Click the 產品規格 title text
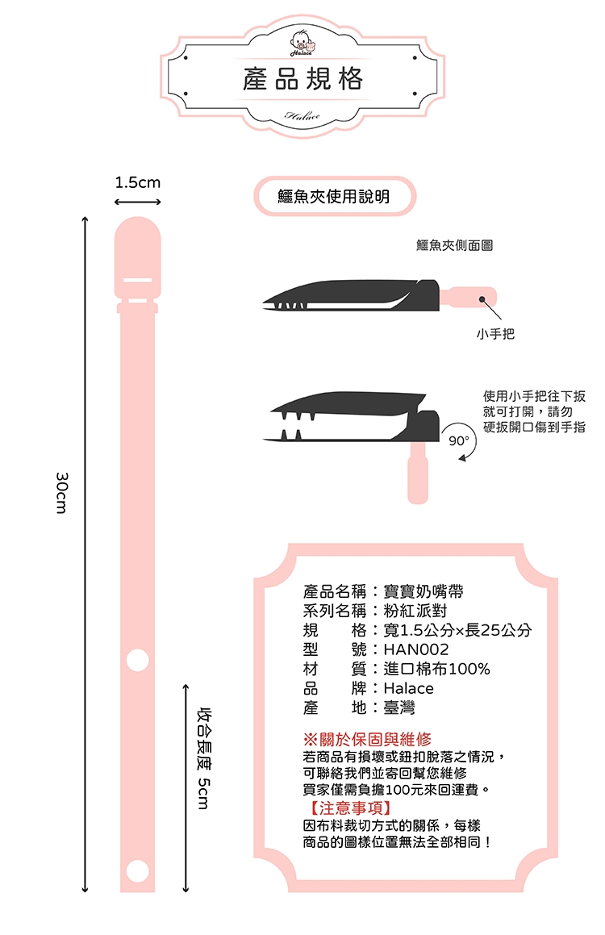(302, 79)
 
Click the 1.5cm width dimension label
(138, 182)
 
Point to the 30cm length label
(62, 493)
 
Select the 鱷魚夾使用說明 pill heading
(334, 196)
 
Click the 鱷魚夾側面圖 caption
(454, 245)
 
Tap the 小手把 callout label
(495, 334)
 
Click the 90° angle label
(459, 440)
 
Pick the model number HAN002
(416, 649)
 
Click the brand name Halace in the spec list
(408, 688)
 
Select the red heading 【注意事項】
(350, 808)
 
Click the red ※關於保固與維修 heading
(367, 740)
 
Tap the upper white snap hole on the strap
(138, 660)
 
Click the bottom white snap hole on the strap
(138, 870)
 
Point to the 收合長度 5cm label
(204, 758)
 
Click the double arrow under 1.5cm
(138, 202)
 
